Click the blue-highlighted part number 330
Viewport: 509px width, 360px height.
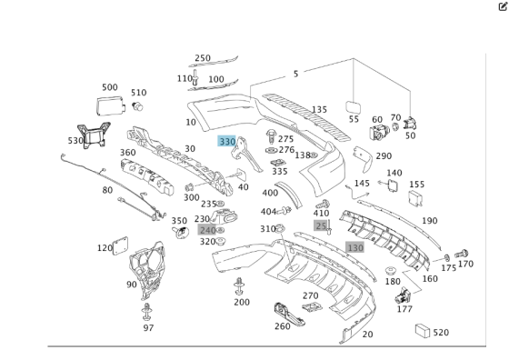[x=227, y=141]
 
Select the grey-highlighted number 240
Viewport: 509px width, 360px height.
[x=207, y=230]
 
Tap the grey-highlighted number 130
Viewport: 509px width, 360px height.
[x=354, y=247]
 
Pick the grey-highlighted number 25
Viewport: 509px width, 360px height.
[x=321, y=225]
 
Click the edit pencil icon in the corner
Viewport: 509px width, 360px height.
[x=503, y=6]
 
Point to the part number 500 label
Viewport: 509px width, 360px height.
[x=110, y=87]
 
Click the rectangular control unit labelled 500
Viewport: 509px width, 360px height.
[x=111, y=105]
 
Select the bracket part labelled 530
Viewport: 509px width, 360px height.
[x=93, y=135]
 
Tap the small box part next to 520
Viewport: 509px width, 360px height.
[x=423, y=331]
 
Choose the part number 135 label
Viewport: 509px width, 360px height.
[x=319, y=110]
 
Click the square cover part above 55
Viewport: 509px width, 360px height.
[x=354, y=106]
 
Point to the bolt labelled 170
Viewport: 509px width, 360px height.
[x=462, y=254]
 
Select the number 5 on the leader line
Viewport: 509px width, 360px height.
[x=295, y=74]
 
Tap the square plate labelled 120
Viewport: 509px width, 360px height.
[x=120, y=245]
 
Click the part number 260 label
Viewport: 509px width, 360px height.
[x=283, y=326]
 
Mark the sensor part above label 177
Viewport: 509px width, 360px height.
[x=403, y=295]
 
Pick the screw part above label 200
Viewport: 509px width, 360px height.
[x=239, y=286]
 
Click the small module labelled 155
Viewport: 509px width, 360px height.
[x=415, y=197]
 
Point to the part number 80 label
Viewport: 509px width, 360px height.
[x=107, y=190]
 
